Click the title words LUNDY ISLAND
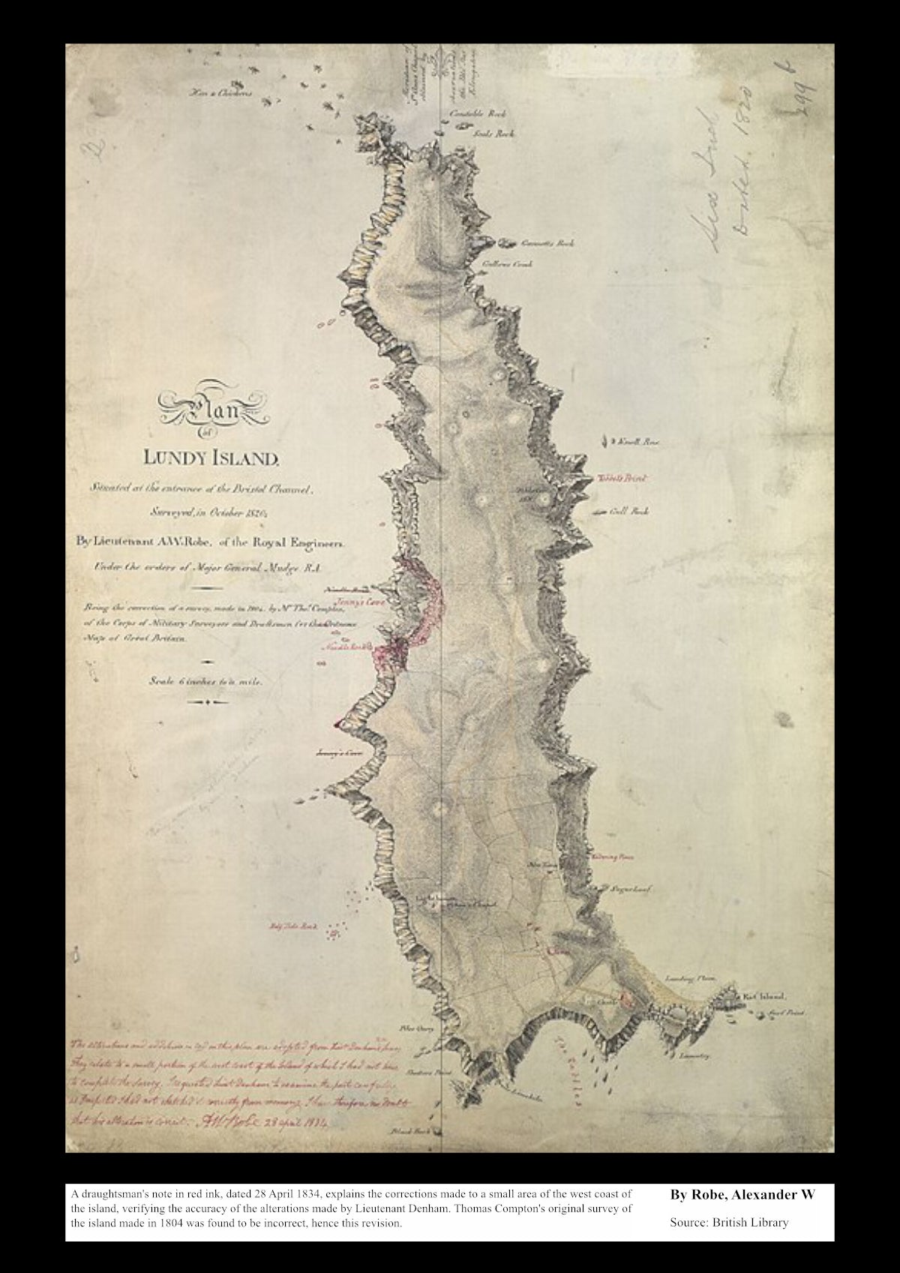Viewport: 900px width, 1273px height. tap(215, 456)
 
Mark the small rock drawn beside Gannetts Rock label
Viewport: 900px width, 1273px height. tap(507, 243)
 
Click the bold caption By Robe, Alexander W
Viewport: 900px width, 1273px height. tap(742, 1194)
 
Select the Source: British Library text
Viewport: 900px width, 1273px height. tap(729, 1223)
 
